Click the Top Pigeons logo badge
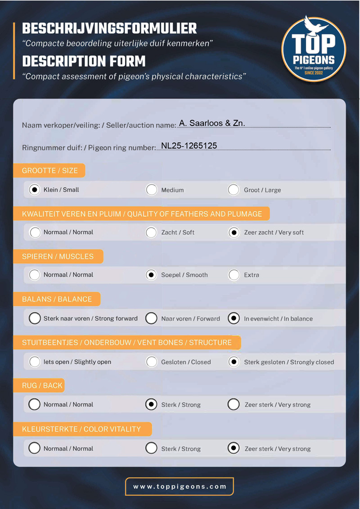314,48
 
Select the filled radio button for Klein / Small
35,190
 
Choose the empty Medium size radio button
152,190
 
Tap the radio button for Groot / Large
233,190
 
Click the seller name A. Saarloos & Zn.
212,123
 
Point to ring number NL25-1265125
189,146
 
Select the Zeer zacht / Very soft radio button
233,232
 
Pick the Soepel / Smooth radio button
152,275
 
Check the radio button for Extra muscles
233,275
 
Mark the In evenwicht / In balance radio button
233,318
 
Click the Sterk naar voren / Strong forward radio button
35,318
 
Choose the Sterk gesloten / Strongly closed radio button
233,362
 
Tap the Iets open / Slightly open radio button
35,362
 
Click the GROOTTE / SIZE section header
50,170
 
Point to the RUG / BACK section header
42,385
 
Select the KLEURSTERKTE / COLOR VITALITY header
81,429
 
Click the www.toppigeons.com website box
180,487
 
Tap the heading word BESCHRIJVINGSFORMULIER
109,29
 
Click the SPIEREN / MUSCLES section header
58,256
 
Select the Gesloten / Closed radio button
152,362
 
